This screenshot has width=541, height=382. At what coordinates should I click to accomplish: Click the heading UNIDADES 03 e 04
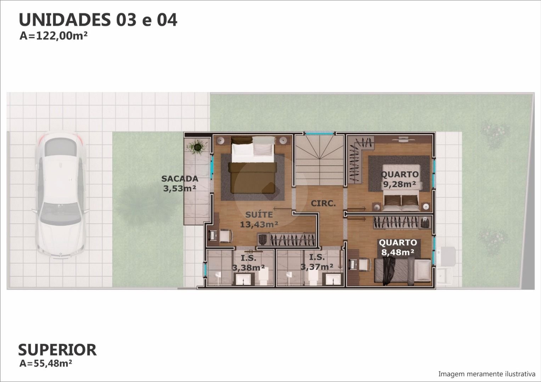pos(98,20)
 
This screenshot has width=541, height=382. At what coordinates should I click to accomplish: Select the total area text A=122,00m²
pos(53,36)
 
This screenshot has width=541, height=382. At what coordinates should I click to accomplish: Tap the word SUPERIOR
pos(57,350)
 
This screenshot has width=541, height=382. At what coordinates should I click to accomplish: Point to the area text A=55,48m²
pos(46,364)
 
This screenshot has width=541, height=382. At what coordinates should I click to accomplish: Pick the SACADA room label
pos(180,179)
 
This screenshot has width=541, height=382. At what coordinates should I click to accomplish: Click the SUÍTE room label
pos(259,214)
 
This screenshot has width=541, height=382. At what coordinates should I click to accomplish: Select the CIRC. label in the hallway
pos(323,203)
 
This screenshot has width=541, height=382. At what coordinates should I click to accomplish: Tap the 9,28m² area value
pos(400,184)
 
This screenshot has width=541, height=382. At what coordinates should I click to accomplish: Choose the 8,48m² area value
pos(398,252)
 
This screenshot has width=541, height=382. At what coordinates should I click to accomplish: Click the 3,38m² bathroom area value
pos(248,267)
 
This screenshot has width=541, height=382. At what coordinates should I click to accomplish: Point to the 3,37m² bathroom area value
pos(317,266)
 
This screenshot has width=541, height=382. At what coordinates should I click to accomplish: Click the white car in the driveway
pos(60,195)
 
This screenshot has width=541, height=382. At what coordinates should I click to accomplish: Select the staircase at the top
pos(320,160)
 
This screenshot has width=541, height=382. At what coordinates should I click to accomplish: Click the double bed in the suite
pos(253,165)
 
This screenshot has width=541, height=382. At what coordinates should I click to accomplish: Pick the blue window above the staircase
pos(320,133)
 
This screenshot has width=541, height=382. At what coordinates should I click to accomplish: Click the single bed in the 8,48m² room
pos(402,271)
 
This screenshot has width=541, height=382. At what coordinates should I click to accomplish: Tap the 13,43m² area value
pos(259,224)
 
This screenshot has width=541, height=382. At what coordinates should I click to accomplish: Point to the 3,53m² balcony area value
pos(180,188)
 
